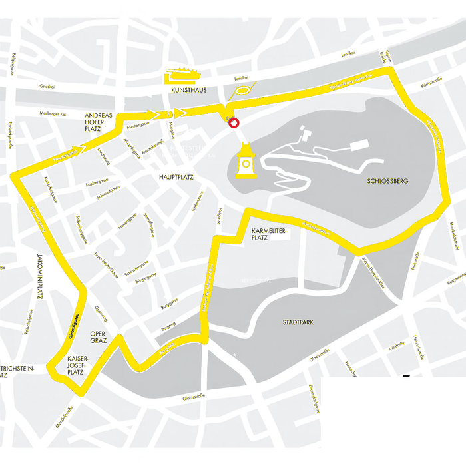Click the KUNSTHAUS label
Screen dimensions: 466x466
click(x=189, y=89)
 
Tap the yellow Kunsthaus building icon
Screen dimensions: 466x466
click(x=182, y=75)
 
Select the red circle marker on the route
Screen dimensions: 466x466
click(x=234, y=122)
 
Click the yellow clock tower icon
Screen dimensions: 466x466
click(x=246, y=162)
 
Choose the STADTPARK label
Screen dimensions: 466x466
click(x=298, y=322)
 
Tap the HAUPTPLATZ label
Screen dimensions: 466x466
click(x=176, y=178)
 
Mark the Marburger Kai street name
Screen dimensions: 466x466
click(x=54, y=113)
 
